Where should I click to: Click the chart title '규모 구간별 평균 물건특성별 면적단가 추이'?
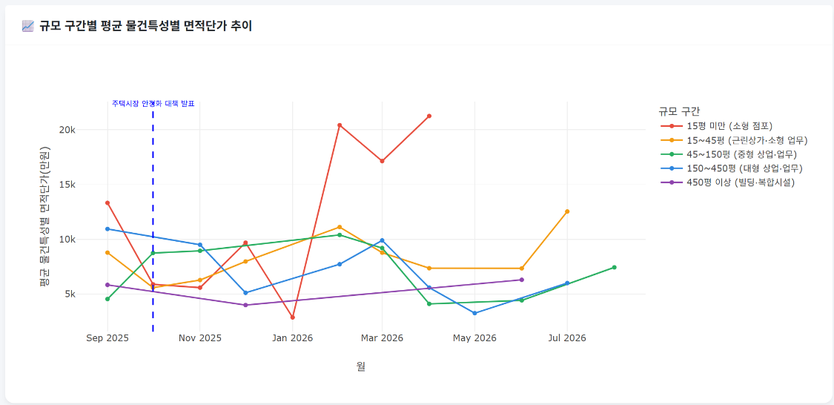(145, 26)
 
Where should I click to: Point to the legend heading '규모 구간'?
(678, 111)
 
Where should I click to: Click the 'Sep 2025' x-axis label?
(107, 338)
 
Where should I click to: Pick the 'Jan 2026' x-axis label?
(293, 338)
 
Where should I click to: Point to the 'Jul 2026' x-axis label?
(567, 338)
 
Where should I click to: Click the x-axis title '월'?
(360, 366)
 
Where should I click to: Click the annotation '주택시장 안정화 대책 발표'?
(153, 104)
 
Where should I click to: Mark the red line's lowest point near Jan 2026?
(293, 317)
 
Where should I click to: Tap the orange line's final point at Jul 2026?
(567, 211)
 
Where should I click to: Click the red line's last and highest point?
(429, 116)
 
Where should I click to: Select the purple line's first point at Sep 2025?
(107, 285)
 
